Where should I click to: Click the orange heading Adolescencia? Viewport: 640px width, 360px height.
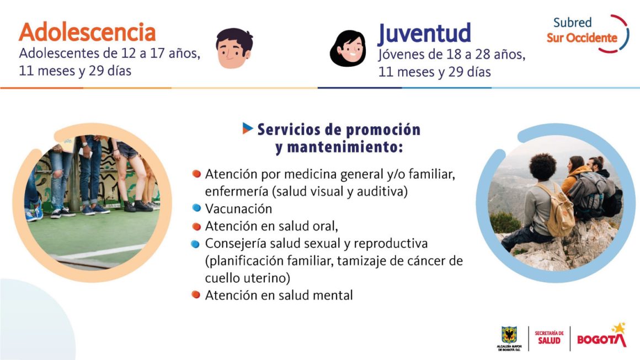tap(87, 32)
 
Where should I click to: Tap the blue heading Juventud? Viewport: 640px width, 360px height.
tap(424, 34)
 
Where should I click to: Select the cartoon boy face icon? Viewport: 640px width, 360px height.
tap(234, 48)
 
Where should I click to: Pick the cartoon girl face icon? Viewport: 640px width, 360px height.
tap(348, 48)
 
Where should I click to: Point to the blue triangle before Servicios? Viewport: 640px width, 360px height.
tap(247, 128)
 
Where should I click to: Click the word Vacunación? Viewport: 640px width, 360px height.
tap(238, 209)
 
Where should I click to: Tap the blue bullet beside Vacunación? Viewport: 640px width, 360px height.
tap(197, 208)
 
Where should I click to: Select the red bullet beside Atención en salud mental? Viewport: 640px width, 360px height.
tap(196, 294)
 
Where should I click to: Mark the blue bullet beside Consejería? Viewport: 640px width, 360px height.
tap(195, 244)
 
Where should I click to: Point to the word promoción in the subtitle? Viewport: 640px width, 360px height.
tap(383, 130)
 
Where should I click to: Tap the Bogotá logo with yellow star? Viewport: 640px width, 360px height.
tap(601, 336)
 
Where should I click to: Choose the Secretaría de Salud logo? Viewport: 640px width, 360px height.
tap(550, 338)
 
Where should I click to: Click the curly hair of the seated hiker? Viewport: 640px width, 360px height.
tap(543, 166)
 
